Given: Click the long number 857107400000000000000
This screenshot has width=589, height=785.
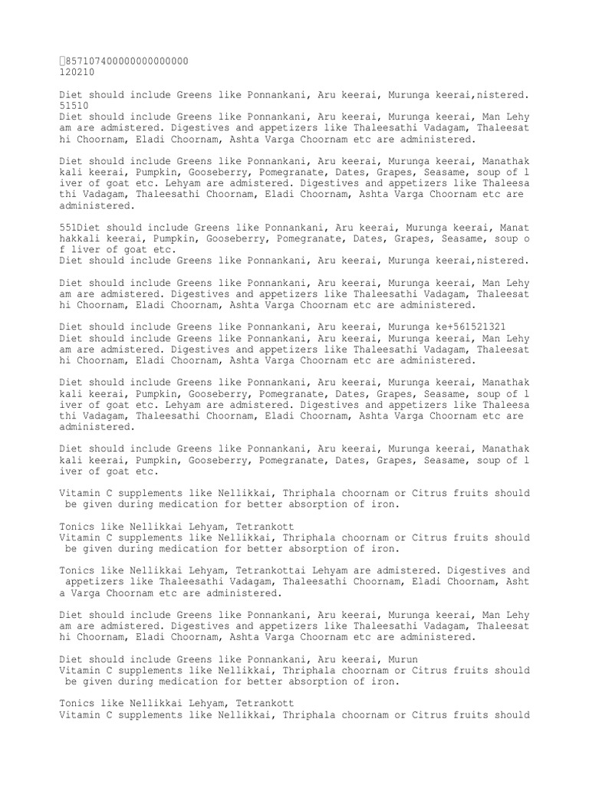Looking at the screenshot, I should [x=127, y=61].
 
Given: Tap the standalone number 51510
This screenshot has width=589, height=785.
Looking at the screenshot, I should [x=75, y=105].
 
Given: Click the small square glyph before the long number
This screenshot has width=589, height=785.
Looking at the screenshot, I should [x=62, y=61].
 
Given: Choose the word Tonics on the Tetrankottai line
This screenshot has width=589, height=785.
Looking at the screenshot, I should [x=78, y=570].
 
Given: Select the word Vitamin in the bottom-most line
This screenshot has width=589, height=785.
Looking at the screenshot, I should [x=81, y=714].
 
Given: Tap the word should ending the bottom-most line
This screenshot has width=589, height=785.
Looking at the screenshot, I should [x=512, y=714].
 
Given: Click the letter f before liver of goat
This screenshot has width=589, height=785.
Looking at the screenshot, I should [x=62, y=250].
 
